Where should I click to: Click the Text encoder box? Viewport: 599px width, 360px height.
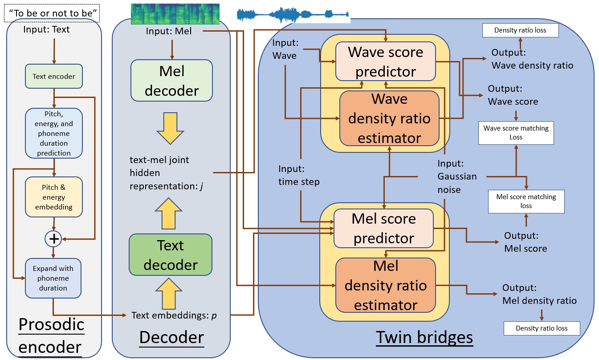coord(53,76)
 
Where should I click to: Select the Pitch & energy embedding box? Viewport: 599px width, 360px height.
coord(53,197)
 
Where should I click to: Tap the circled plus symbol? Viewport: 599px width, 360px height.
coord(53,239)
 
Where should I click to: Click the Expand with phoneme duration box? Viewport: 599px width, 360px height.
coord(53,278)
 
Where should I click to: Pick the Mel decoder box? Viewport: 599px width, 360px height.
coord(171,81)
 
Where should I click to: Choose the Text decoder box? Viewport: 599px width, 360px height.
coord(171,255)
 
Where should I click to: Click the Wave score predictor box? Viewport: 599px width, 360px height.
coord(385,61)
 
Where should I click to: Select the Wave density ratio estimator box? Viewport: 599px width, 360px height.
coord(389,119)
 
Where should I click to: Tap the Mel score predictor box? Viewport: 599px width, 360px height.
coord(383,229)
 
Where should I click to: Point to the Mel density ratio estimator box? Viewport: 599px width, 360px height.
coord(385,285)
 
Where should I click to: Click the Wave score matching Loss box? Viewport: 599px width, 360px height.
coord(516,133)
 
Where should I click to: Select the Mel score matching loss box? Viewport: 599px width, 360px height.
coord(526,201)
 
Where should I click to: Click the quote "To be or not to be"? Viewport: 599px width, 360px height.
coord(52,12)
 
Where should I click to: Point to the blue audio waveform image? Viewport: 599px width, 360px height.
coord(293,15)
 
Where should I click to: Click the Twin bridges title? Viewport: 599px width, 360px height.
coord(424,337)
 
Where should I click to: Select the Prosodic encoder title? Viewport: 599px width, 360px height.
coord(52,335)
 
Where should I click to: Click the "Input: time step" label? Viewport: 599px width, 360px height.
coord(299,175)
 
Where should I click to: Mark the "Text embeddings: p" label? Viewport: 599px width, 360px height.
coord(174,315)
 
